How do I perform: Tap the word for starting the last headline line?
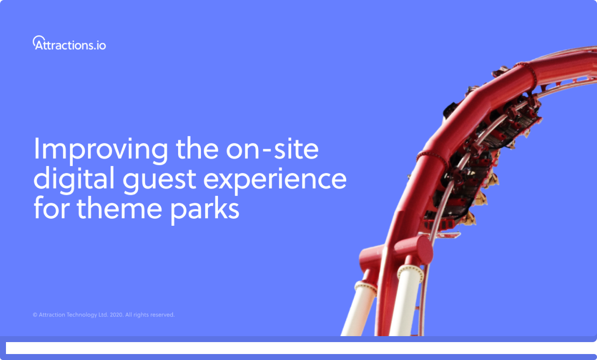pyautogui.click(x=50, y=209)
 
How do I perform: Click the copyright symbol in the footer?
pyautogui.click(x=35, y=315)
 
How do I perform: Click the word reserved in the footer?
pyautogui.click(x=163, y=315)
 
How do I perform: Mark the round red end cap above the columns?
pyautogui.click(x=422, y=251)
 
